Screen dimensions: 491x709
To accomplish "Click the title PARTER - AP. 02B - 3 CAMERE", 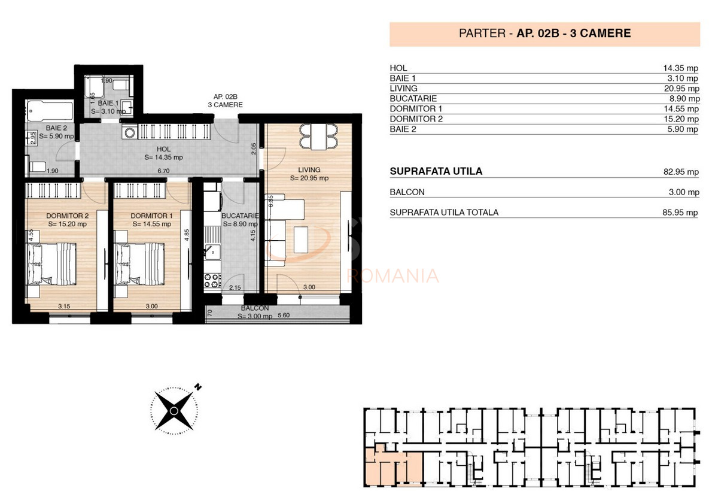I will point(544,34).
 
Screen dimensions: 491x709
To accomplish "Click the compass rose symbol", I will point(174,410).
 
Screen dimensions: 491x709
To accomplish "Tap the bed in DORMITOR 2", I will point(53,264).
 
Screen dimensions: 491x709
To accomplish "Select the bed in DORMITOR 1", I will point(141,264).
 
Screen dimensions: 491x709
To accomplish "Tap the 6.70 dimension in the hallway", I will point(163,171).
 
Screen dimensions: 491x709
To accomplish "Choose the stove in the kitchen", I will point(212,280).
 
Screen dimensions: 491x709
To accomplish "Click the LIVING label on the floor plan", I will point(309,169).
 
